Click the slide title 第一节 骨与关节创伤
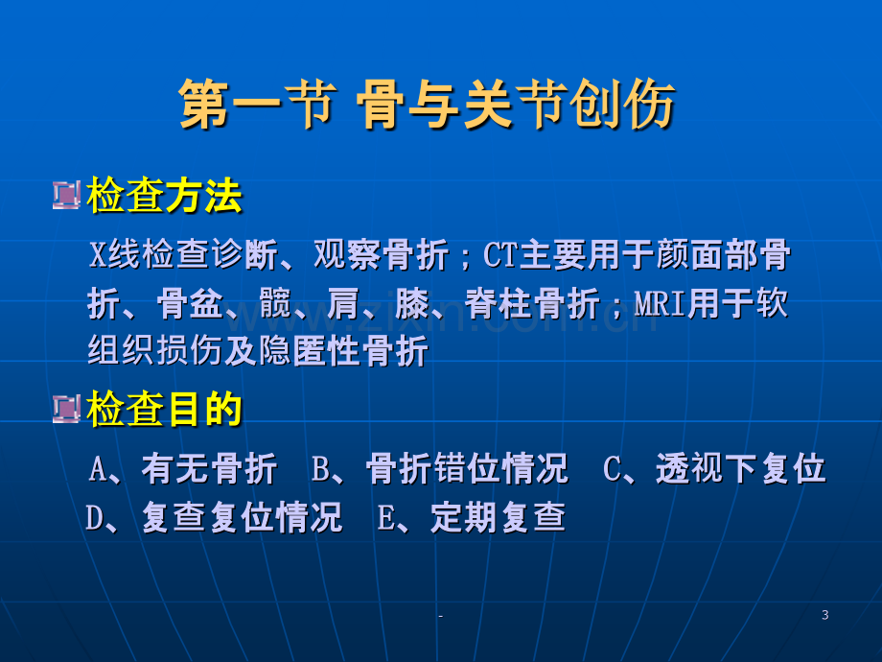[x=427, y=105]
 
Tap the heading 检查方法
[x=164, y=196]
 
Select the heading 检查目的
[x=164, y=410]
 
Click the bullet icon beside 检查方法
[x=66, y=196]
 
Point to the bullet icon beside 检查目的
[x=66, y=409]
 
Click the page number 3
[x=824, y=615]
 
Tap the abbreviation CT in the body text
[x=500, y=255]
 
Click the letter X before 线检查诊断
[x=98, y=255]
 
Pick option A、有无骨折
[x=183, y=468]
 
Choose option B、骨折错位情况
[x=440, y=468]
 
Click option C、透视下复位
[x=714, y=468]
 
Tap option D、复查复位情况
[x=214, y=517]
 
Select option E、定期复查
[x=472, y=517]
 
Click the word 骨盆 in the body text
[x=190, y=304]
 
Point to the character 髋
[x=276, y=304]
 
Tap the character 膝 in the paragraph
[x=412, y=304]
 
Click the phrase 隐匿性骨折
[x=343, y=351]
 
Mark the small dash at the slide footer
[x=440, y=616]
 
